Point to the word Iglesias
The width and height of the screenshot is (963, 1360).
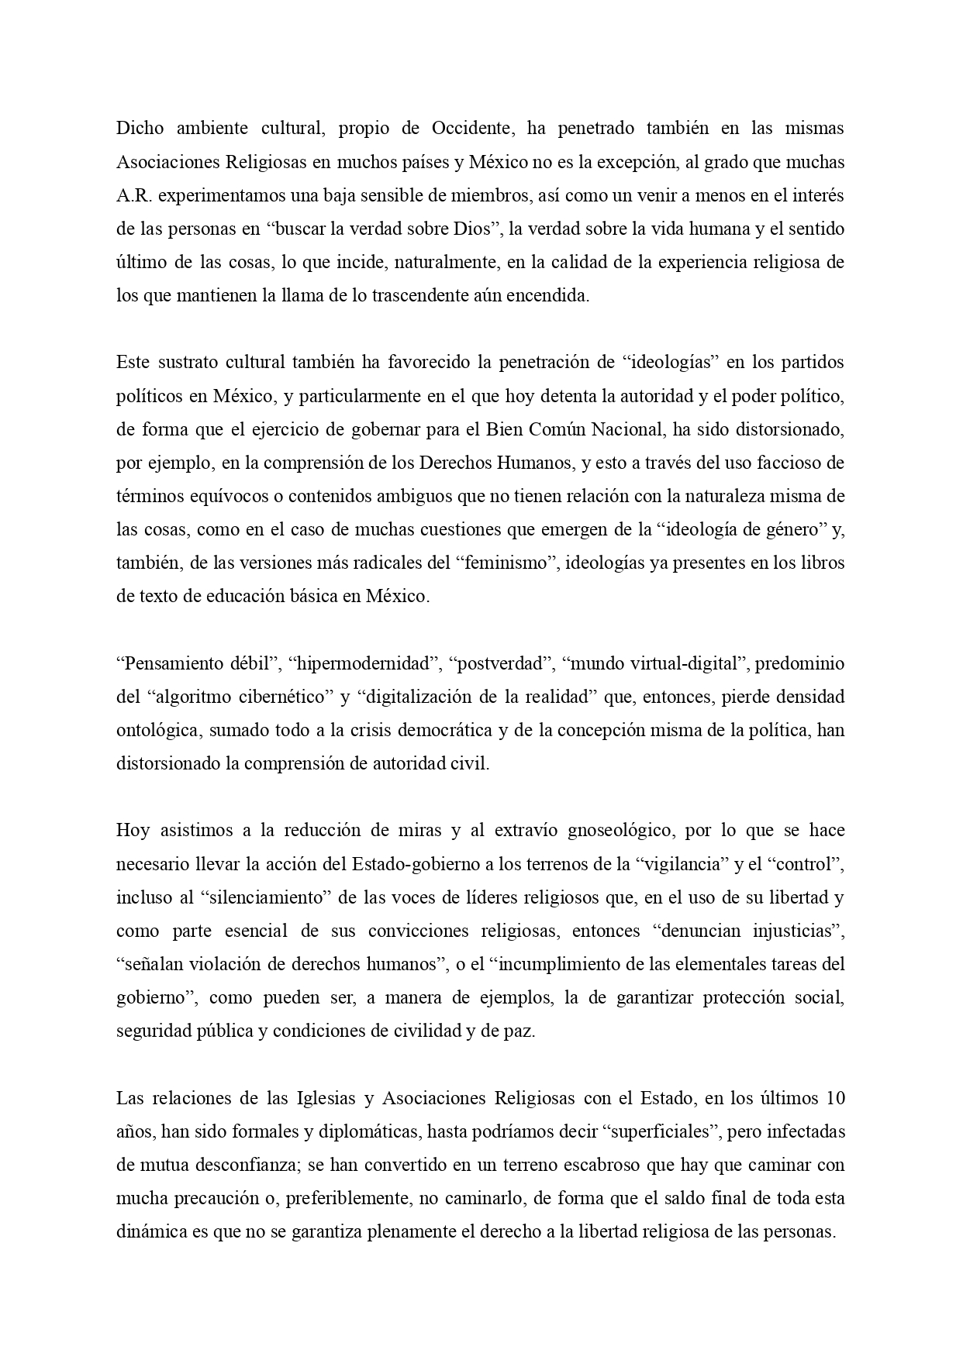point(325,1098)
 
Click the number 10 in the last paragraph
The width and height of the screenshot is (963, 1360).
point(835,1098)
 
